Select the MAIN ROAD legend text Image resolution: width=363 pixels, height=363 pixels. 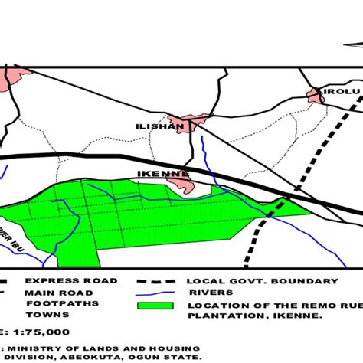(58, 293)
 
